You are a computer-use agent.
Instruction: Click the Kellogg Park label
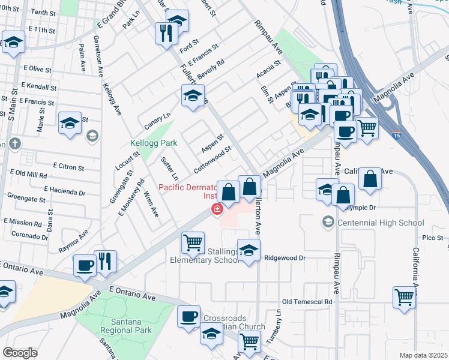tap(149, 143)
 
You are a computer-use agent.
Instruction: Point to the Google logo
tap(20, 353)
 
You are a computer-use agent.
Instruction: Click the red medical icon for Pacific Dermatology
tap(216, 209)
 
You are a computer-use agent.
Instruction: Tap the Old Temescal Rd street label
tap(307, 301)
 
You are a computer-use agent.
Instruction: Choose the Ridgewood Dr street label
tap(286, 257)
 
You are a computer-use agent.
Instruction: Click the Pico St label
tap(432, 238)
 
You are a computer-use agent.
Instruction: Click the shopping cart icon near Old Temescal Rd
tap(405, 296)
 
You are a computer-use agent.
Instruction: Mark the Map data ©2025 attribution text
tap(423, 355)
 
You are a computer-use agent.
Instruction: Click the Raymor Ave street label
tap(73, 241)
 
